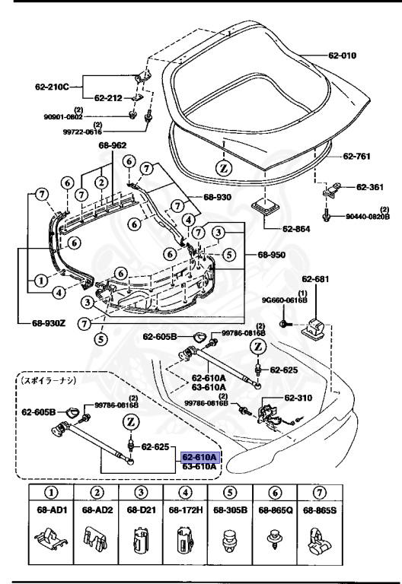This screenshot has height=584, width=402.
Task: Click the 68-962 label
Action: (x=112, y=145)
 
